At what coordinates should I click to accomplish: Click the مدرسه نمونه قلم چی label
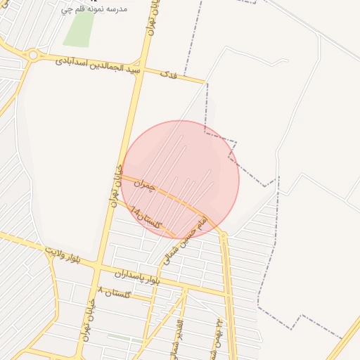pos(94,9)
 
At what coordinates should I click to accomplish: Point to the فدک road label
pos(167,74)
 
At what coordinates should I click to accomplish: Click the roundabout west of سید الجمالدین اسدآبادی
pos(32,55)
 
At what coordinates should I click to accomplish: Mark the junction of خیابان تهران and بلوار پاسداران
pos(100,269)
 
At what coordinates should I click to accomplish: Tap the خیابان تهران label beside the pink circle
pos(116,186)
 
